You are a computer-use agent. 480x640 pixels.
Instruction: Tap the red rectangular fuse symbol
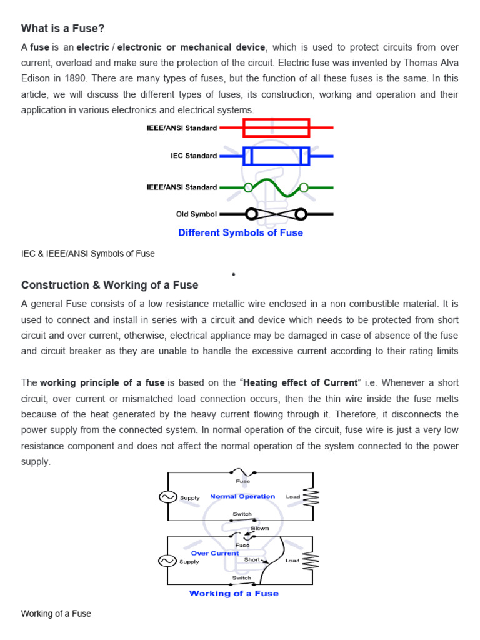click(276, 127)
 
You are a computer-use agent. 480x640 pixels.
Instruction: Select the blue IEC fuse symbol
click(276, 156)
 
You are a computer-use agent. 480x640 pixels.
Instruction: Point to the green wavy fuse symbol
click(276, 187)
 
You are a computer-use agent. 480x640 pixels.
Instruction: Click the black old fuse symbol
click(276, 214)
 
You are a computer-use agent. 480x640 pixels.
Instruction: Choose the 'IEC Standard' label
click(194, 156)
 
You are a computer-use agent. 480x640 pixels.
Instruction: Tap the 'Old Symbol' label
click(196, 214)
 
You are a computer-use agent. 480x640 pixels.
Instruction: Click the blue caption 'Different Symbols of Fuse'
click(241, 232)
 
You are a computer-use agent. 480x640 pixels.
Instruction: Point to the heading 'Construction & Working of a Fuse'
click(110, 285)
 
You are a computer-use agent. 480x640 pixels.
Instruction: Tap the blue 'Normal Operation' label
click(242, 497)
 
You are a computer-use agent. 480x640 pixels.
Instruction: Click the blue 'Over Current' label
click(215, 553)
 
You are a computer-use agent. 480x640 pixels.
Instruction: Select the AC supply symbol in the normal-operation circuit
click(167, 497)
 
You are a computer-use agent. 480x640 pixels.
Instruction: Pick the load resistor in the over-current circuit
click(311, 561)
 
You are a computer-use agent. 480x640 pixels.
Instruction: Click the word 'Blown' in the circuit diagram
click(260, 528)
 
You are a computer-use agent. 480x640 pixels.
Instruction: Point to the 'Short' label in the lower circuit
click(252, 560)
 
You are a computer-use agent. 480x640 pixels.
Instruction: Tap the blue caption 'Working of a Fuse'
click(234, 593)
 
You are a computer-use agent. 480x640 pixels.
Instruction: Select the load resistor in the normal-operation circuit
click(311, 497)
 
